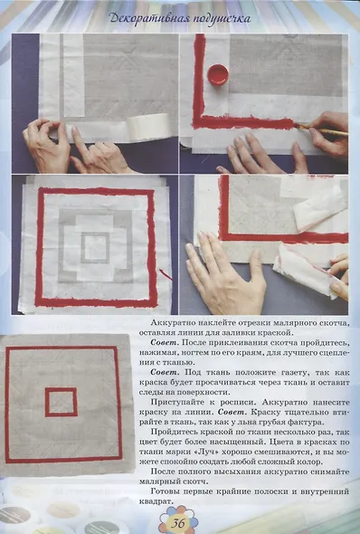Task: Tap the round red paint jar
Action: pyautogui.click(x=218, y=74)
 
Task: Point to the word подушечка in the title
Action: pyautogui.click(x=222, y=19)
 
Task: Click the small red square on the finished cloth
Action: pyautogui.click(x=62, y=402)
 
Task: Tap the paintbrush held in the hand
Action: pyautogui.click(x=321, y=129)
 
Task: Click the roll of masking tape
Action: pyautogui.click(x=149, y=125)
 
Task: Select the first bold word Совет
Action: pyautogui.click(x=164, y=342)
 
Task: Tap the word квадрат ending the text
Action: pyautogui.click(x=156, y=501)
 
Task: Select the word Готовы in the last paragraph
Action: pyautogui.click(x=165, y=491)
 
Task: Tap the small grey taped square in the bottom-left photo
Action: pyautogui.click(x=95, y=248)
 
